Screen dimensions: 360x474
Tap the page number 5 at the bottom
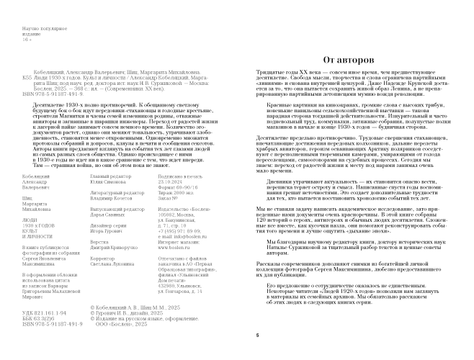point(257,336)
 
